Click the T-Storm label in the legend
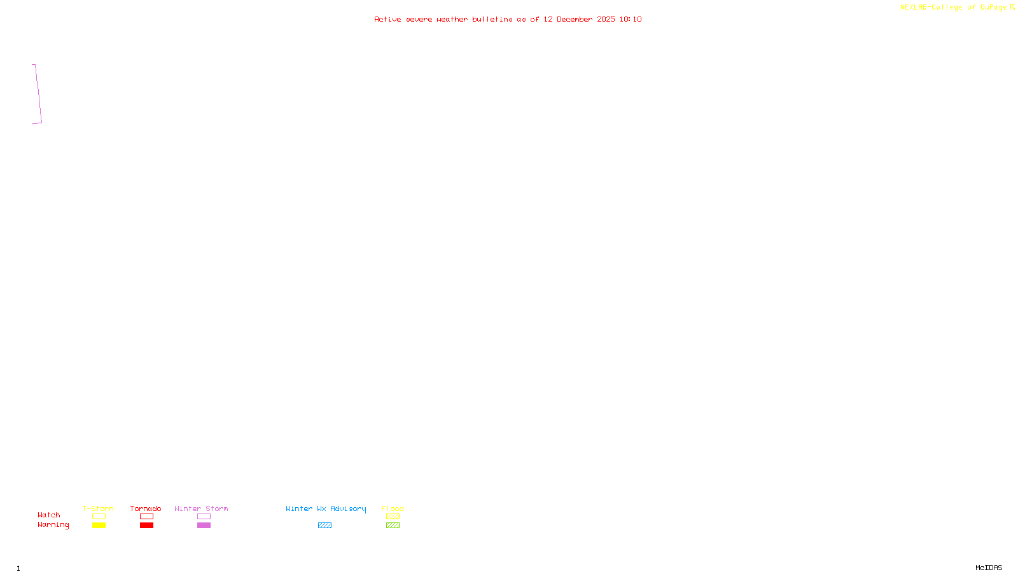tap(98, 508)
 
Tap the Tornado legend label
tap(146, 508)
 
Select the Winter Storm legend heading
tap(201, 508)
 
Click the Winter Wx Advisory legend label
tap(326, 508)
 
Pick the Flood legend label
tap(393, 508)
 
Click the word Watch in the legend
tap(49, 515)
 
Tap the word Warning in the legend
tap(53, 525)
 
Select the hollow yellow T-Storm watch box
tap(99, 517)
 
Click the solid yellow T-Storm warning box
tap(99, 526)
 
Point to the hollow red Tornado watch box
tap(146, 517)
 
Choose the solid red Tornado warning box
tap(146, 526)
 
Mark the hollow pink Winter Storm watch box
tap(204, 517)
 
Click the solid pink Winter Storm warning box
tap(204, 526)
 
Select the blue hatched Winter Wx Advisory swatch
tap(324, 526)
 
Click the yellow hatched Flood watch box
tap(393, 517)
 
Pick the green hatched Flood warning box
tap(393, 526)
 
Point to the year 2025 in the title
tap(606, 19)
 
